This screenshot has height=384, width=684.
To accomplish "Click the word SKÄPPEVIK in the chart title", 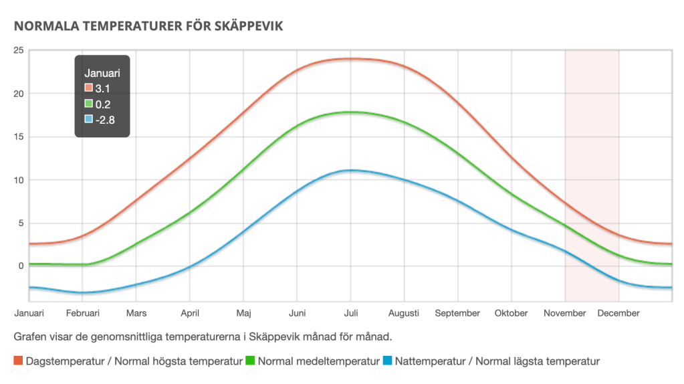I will tap(248, 27).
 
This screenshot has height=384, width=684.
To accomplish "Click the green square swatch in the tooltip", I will tap(88, 104).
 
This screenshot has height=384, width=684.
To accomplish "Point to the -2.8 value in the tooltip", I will tap(105, 120).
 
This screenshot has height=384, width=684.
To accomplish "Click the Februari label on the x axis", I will tap(83, 313).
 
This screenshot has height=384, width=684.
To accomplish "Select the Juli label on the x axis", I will tap(350, 313).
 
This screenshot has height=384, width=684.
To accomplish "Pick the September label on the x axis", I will tap(457, 313).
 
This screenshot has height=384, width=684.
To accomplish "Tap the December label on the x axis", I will tap(618, 313).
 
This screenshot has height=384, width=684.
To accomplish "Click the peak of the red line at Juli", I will tap(350, 59).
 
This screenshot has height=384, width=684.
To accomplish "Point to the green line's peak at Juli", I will tap(350, 112).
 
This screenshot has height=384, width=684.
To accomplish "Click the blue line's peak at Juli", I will tap(350, 171).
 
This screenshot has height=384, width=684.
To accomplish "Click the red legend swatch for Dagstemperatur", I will tap(18, 362).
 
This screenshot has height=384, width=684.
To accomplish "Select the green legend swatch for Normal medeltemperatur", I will tap(251, 362).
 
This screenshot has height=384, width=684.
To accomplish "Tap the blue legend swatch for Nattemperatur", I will tap(387, 362).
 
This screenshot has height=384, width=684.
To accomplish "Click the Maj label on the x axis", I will tap(243, 313).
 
